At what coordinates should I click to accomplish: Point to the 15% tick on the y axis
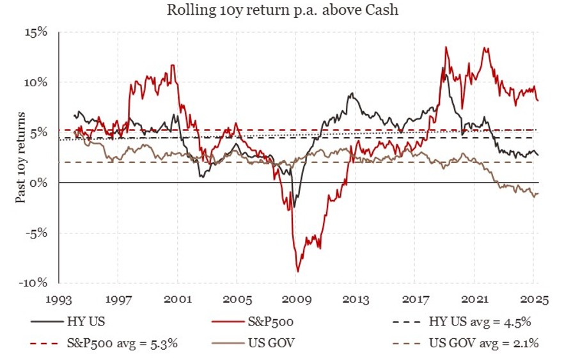coord(38,33)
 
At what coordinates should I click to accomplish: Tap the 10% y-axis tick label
coord(38,82)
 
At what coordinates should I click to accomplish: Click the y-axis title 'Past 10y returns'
coord(21,157)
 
